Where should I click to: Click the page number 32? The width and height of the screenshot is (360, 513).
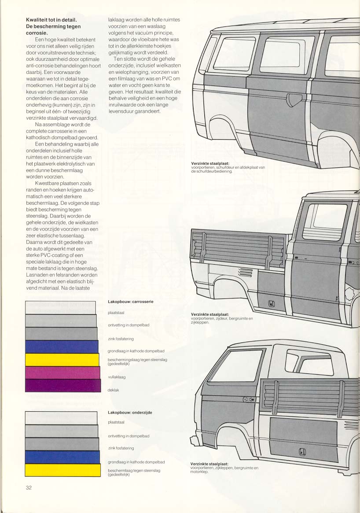pyautogui.click(x=29, y=488)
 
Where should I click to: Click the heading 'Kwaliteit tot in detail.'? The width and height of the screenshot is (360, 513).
pyautogui.click(x=51, y=20)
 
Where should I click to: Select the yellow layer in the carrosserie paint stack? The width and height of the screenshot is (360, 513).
pyautogui.click(x=62, y=360)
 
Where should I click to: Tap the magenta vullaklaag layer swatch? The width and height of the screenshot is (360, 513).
pyautogui.click(x=62, y=373)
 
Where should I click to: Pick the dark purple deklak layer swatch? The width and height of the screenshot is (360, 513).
pyautogui.click(x=63, y=385)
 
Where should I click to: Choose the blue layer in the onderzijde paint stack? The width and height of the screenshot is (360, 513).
pyautogui.click(x=62, y=457)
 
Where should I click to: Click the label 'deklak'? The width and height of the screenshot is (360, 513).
pyautogui.click(x=113, y=390)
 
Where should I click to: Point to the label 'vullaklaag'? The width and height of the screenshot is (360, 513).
pyautogui.click(x=117, y=377)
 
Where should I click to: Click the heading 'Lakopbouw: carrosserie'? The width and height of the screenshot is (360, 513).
pyautogui.click(x=130, y=302)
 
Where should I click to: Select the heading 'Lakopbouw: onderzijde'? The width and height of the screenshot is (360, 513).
pyautogui.click(x=130, y=413)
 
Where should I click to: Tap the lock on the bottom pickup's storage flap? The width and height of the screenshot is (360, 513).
pyautogui.click(x=302, y=452)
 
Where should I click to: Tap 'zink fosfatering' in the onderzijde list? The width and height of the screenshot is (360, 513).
pyautogui.click(x=121, y=448)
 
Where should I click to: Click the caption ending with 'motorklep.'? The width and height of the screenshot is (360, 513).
pyautogui.click(x=224, y=468)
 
